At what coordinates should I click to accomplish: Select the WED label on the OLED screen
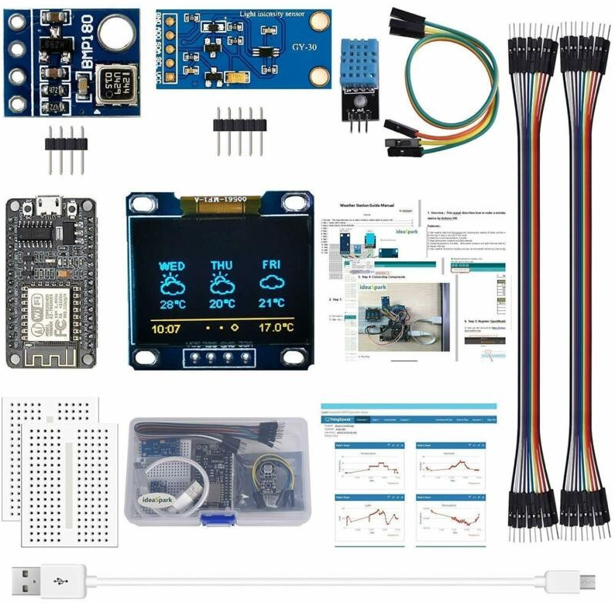point(172,266)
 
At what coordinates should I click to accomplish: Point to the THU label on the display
point(222,266)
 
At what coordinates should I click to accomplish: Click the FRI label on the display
point(270,265)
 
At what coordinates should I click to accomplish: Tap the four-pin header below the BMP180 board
point(65,147)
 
